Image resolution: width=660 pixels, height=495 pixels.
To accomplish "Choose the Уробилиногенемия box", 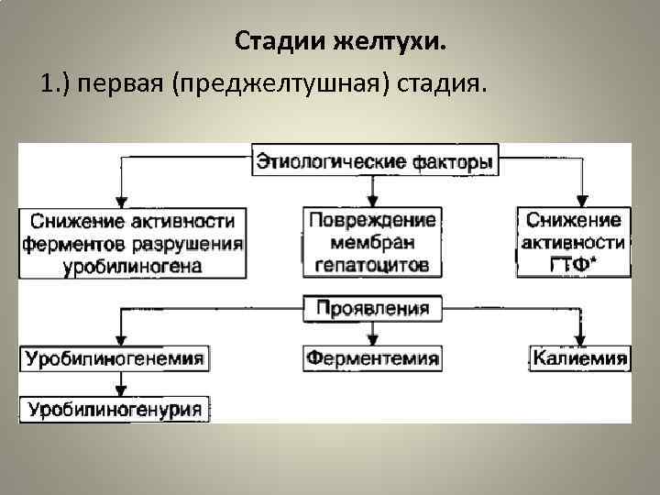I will pyautogui.click(x=115, y=357).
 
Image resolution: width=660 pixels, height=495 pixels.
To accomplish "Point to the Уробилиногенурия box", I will pyautogui.click(x=115, y=409).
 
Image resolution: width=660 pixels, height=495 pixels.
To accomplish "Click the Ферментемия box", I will pyautogui.click(x=372, y=357).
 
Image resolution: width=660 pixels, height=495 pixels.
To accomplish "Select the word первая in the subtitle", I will pyautogui.click(x=124, y=84).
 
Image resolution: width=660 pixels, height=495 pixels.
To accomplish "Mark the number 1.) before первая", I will pyautogui.click(x=56, y=84).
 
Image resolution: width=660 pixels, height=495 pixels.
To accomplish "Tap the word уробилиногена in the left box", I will pyautogui.click(x=133, y=267).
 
